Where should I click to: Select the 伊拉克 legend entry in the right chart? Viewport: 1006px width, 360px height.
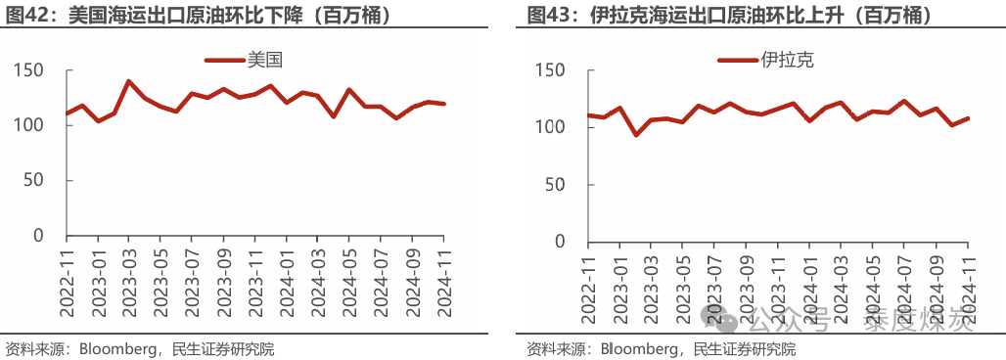[787, 60]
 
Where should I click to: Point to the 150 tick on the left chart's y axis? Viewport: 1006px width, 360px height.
[29, 70]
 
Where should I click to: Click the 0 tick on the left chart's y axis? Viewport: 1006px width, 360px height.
[39, 236]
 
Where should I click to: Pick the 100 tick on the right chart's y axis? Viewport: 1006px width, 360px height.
[548, 127]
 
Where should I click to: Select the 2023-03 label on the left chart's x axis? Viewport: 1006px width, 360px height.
[129, 279]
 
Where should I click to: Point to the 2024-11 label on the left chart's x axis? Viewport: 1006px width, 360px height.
[444, 279]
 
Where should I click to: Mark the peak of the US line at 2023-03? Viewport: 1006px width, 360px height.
[129, 81]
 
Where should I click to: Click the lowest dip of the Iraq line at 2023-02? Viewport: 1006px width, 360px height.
[636, 135]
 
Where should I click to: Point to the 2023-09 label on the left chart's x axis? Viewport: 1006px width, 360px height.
[224, 279]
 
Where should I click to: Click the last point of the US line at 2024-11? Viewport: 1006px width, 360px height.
[444, 104]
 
